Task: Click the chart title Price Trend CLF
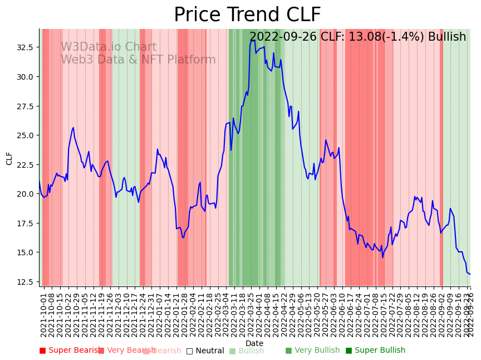coord(247,15)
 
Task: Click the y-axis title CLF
coord(9,158)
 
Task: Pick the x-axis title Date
coord(254,343)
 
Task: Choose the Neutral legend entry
coord(205,351)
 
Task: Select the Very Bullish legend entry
coord(312,351)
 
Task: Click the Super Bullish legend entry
coord(376,351)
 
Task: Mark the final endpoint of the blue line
coord(470,274)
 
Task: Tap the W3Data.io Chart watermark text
coord(108,47)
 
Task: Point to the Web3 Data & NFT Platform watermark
coord(138,60)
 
